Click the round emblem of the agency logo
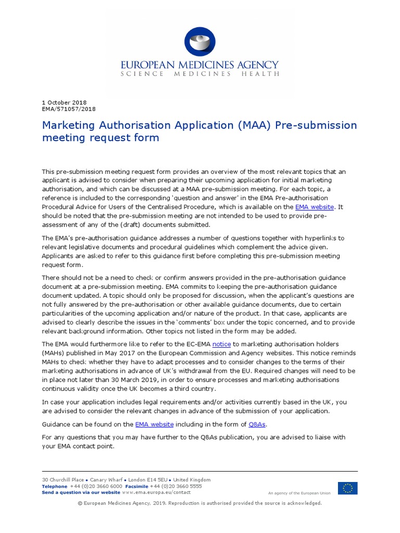click(200, 41)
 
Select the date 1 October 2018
click(64, 103)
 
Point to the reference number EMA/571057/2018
click(68, 109)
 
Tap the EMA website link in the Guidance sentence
click(154, 425)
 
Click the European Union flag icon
click(347, 488)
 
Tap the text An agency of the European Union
click(299, 493)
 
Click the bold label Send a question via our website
click(81, 492)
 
